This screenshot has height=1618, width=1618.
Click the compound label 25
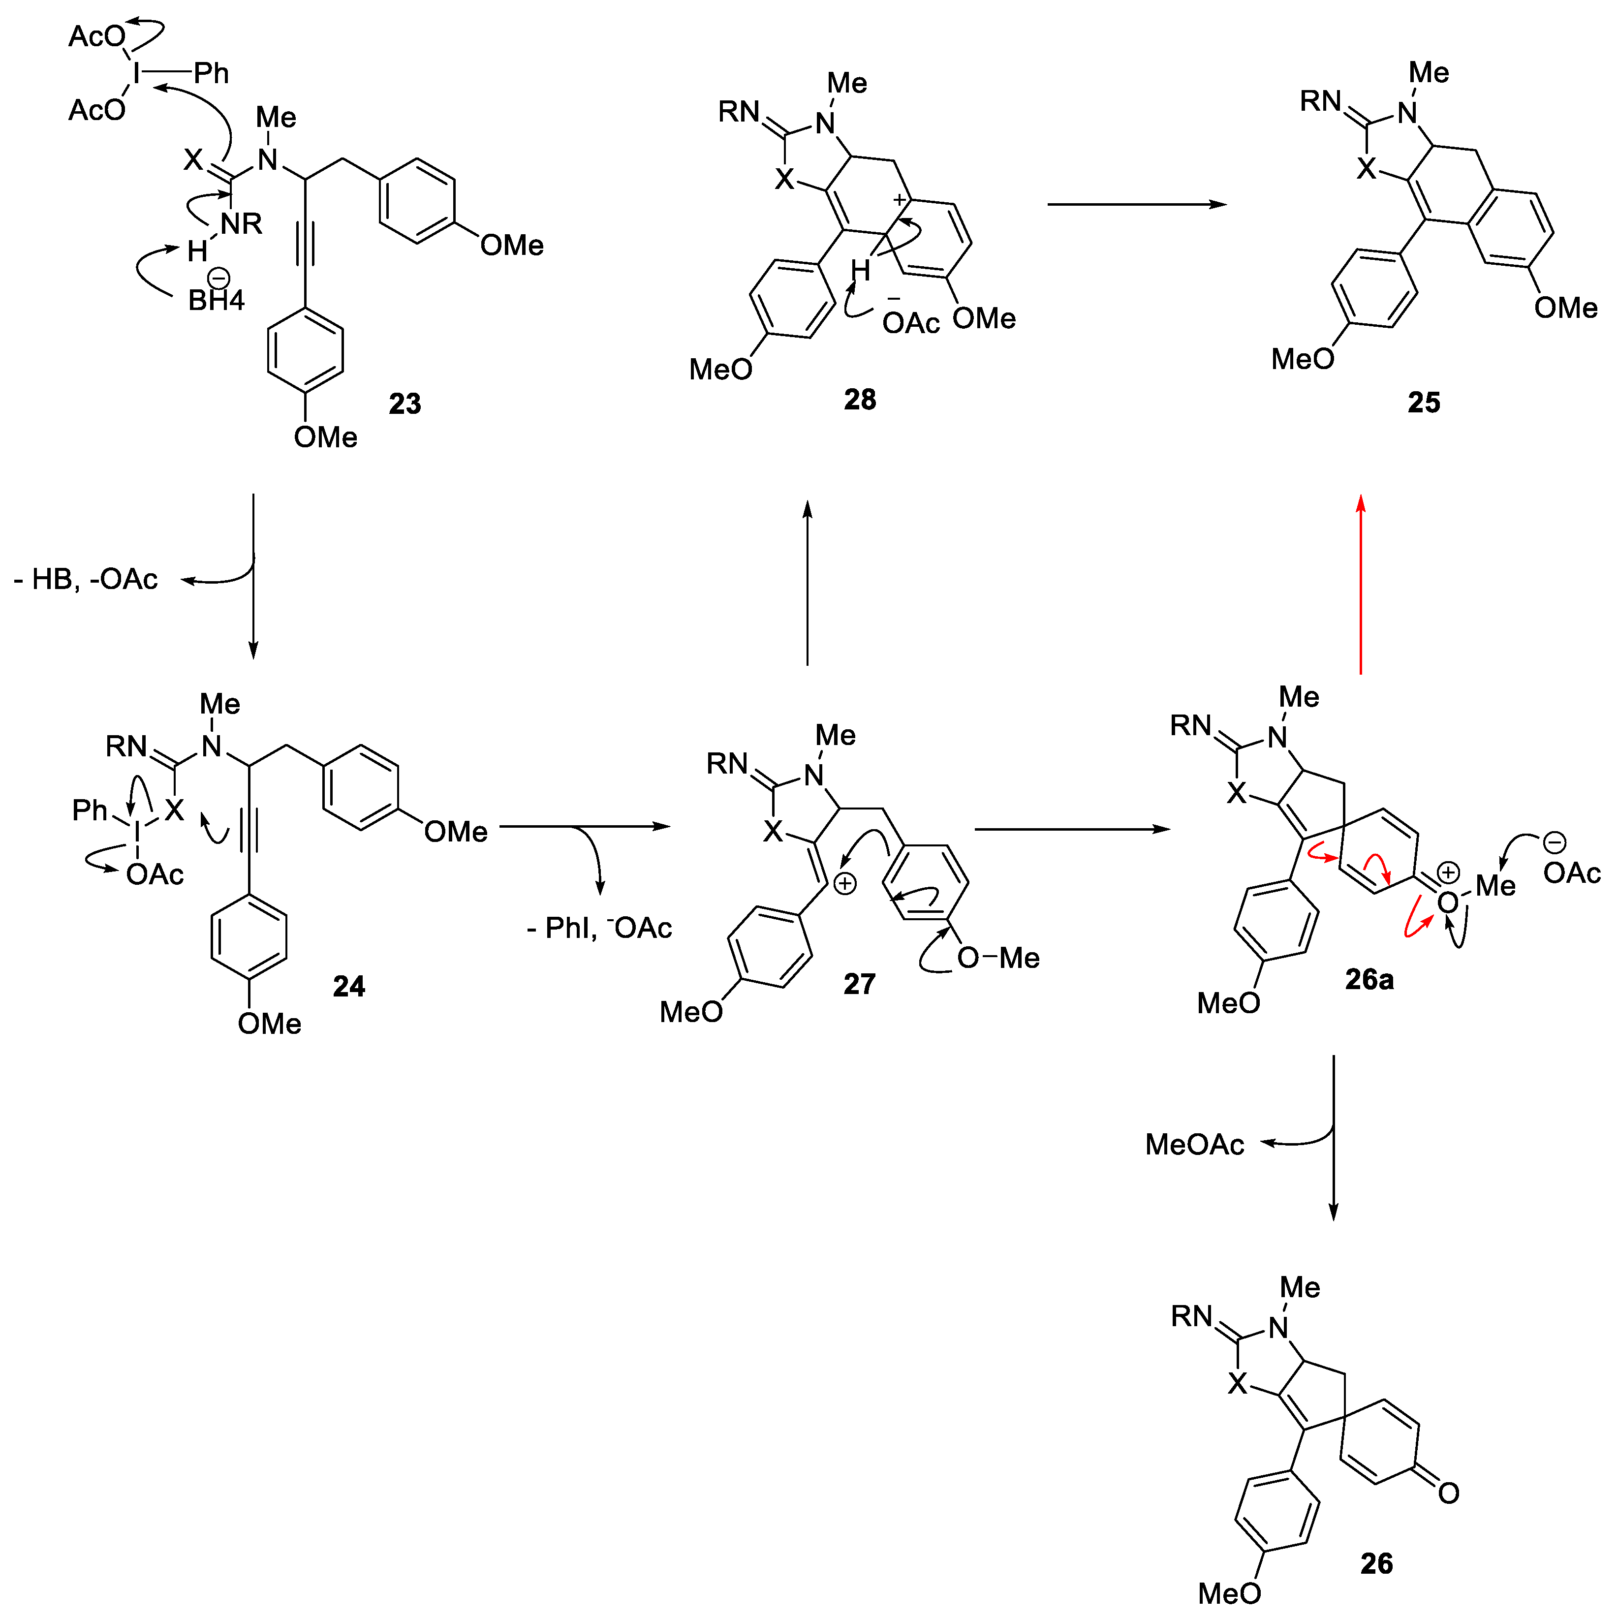pyautogui.click(x=1424, y=403)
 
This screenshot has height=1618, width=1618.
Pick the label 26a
pyautogui.click(x=1369, y=979)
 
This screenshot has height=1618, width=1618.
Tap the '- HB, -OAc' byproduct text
pyautogui.click(x=86, y=580)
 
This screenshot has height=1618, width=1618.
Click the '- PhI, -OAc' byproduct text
pyautogui.click(x=600, y=928)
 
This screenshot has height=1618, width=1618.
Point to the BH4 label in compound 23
pyautogui.click(x=216, y=299)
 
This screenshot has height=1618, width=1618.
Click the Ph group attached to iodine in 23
pyautogui.click(x=211, y=74)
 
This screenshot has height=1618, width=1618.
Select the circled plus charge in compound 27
pyautogui.click(x=845, y=883)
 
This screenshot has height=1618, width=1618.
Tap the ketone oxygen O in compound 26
pyautogui.click(x=1449, y=1493)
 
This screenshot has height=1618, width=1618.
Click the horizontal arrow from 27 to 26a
pyautogui.click(x=1072, y=829)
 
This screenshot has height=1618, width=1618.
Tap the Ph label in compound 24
pyautogui.click(x=90, y=810)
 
